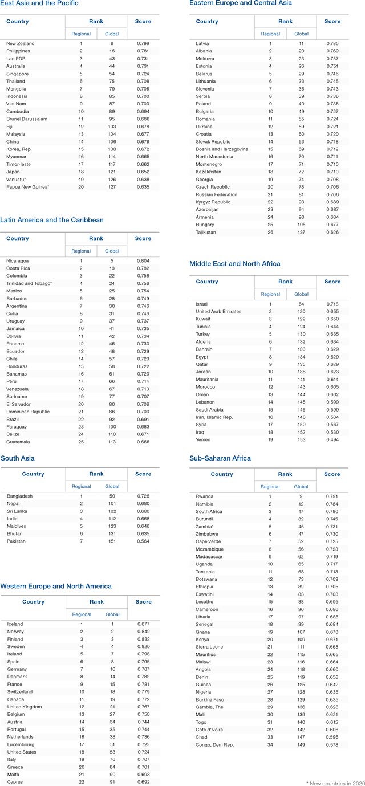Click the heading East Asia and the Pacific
(39, 3)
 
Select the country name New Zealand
(20, 43)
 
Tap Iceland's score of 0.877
(144, 624)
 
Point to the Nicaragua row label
(18, 260)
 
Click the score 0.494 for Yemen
(332, 439)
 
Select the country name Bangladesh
(20, 496)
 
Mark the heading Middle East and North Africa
(235, 264)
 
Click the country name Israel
(202, 304)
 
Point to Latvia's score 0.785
(332, 43)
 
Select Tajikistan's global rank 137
(301, 232)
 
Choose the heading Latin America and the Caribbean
(52, 220)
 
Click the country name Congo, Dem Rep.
(214, 744)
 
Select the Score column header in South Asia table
(143, 474)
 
